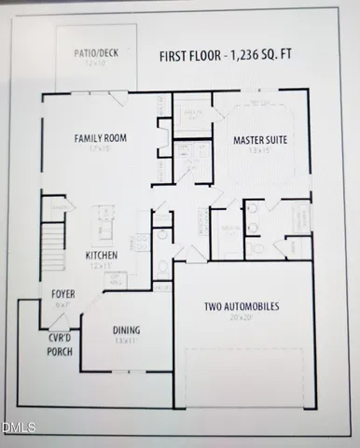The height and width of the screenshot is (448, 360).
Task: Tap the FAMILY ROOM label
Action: point(101,138)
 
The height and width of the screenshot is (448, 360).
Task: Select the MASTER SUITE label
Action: point(258,140)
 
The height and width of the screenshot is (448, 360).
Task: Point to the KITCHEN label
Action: point(101,255)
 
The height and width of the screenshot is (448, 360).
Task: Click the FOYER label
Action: point(63,295)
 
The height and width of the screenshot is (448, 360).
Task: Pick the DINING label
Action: point(128,329)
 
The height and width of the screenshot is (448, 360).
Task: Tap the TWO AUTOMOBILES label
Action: point(241,306)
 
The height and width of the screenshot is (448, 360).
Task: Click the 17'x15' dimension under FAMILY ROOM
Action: point(101,148)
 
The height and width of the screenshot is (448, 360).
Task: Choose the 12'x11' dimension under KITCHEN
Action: point(101,265)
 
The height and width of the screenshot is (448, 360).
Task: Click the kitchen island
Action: point(99,224)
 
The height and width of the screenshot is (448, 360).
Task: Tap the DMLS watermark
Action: point(18,428)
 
